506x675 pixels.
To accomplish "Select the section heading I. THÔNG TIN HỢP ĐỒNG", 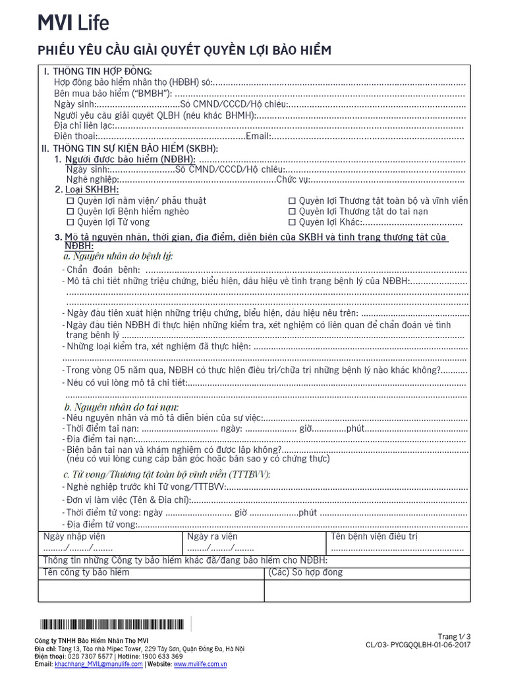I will pyautogui.click(x=98, y=71).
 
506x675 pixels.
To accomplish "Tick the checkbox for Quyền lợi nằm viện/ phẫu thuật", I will pyautogui.click(x=70, y=200).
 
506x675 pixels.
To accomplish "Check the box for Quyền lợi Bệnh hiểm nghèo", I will pyautogui.click(x=70, y=212).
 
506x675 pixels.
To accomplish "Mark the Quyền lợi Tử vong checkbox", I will pyautogui.click(x=70, y=222).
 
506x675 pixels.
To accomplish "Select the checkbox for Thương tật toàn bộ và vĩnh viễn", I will pyautogui.click(x=292, y=200).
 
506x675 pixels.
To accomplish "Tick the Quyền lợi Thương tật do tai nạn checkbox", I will pyautogui.click(x=292, y=212).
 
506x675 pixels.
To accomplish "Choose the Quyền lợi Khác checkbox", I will pyautogui.click(x=292, y=222).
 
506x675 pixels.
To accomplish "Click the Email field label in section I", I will pyautogui.click(x=258, y=136).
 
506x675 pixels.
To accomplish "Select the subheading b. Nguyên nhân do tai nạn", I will pyautogui.click(x=121, y=406).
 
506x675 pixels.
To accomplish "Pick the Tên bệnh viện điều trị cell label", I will pyautogui.click(x=374, y=537).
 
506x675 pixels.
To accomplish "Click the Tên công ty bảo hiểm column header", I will pyautogui.click(x=86, y=572).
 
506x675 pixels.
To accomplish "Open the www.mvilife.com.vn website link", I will pyautogui.click(x=200, y=664).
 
